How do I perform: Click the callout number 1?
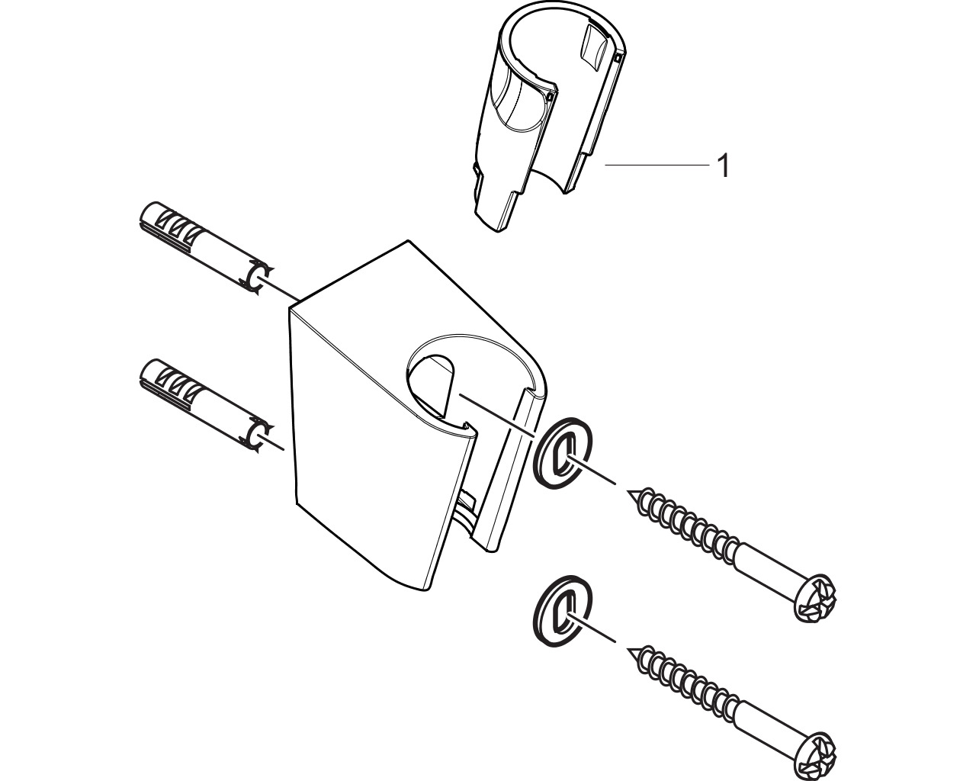point(724,166)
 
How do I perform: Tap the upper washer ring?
point(563,453)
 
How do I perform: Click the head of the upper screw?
point(815,599)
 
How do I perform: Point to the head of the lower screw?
point(815,756)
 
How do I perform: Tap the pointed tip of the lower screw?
point(628,649)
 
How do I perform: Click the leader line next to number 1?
point(657,166)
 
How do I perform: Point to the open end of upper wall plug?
point(257,278)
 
